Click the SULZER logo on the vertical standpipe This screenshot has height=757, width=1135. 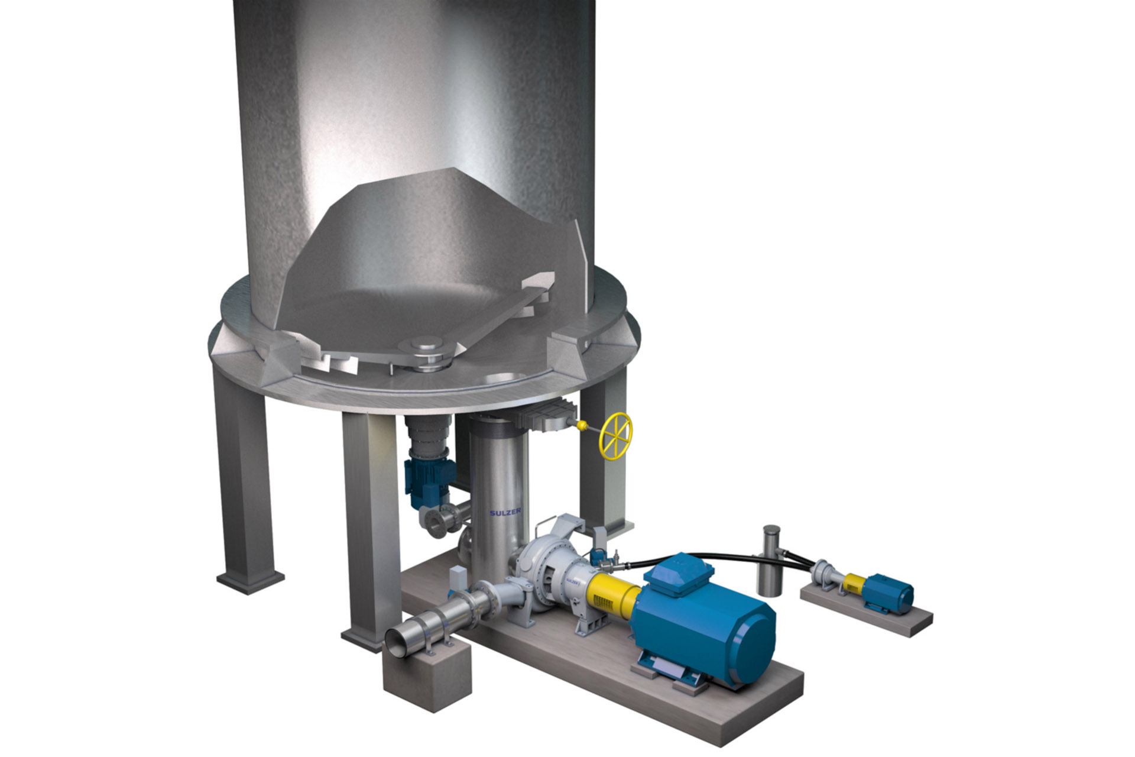click(505, 512)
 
